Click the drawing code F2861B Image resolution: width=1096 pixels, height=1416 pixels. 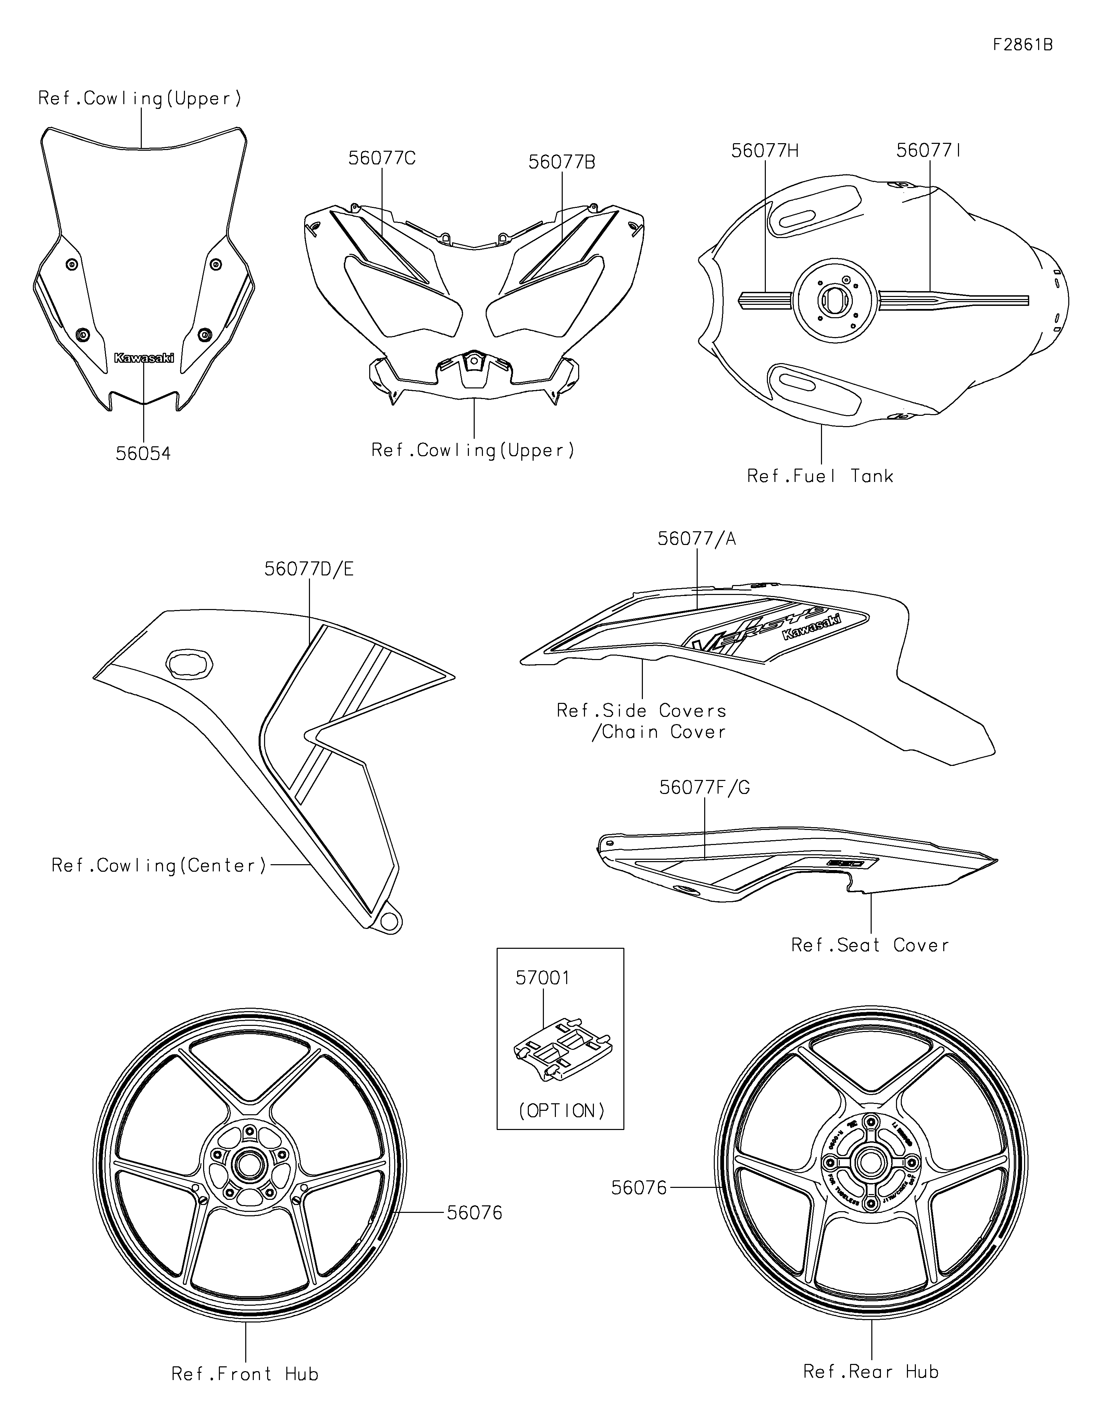pyautogui.click(x=1023, y=45)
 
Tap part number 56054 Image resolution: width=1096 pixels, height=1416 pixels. pyautogui.click(x=143, y=454)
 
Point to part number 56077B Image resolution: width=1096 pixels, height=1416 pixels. pyautogui.click(x=561, y=162)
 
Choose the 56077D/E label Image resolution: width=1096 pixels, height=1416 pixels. pyautogui.click(x=309, y=569)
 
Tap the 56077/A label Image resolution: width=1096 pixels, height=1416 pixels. pyautogui.click(x=697, y=539)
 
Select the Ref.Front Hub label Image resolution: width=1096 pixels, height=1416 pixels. pyautogui.click(x=245, y=1374)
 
